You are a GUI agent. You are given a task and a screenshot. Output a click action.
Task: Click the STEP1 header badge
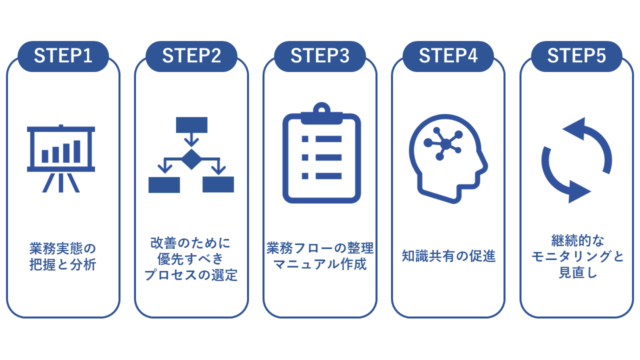(63, 56)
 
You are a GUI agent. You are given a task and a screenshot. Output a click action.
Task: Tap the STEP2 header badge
(191, 56)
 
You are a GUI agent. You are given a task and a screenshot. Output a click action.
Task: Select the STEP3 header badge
(320, 56)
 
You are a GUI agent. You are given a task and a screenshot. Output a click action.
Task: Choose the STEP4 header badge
(448, 56)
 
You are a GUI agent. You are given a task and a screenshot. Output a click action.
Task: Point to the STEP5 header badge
(576, 56)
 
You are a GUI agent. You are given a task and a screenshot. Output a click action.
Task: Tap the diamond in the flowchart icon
(191, 159)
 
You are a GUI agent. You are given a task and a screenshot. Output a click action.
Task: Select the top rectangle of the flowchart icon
(191, 124)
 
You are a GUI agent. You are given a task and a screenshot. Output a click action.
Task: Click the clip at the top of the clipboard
(321, 109)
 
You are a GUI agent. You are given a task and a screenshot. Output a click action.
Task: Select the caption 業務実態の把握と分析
(63, 256)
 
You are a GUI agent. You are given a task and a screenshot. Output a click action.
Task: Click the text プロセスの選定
(191, 275)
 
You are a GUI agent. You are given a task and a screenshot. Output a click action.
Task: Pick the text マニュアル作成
(320, 264)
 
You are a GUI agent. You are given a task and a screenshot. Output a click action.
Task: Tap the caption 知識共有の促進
(448, 256)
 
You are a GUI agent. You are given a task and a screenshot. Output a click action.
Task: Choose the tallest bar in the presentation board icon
(77, 151)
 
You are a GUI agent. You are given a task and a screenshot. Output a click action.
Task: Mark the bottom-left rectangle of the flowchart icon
(164, 184)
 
